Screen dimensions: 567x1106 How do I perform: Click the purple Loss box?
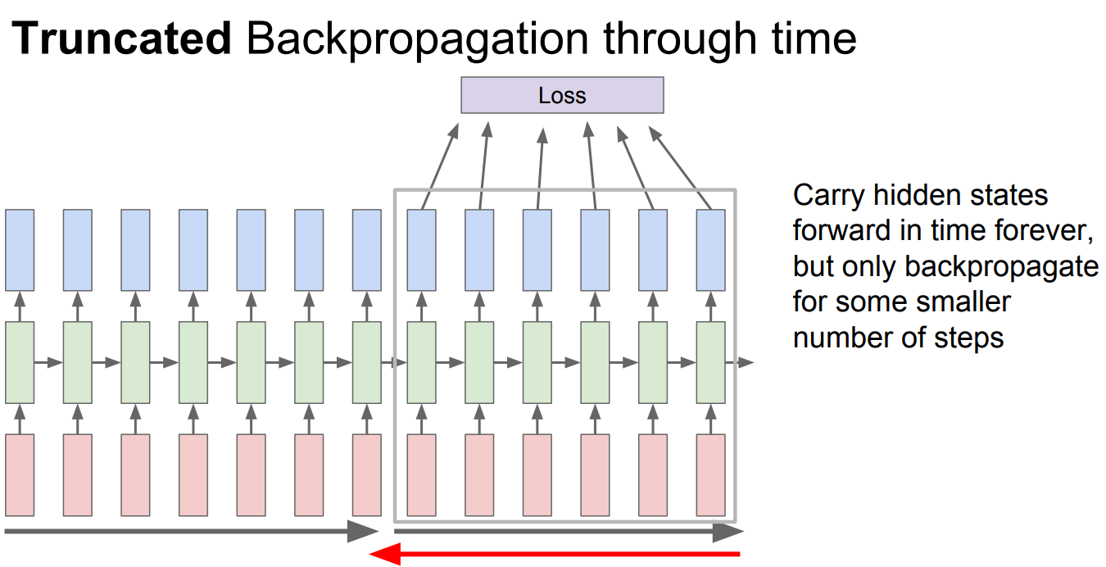(562, 95)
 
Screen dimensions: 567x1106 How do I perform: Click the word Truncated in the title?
(122, 39)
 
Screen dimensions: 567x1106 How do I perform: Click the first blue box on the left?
(20, 250)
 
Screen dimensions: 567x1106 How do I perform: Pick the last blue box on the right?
(710, 250)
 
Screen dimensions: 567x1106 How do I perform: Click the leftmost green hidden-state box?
(20, 362)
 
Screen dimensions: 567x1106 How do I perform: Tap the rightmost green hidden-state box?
(710, 362)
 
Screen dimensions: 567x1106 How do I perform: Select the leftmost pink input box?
(20, 474)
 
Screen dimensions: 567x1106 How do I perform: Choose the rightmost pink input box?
(710, 474)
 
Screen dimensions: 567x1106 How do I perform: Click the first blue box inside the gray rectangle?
(422, 250)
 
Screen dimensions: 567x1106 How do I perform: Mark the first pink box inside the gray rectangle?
(422, 474)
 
